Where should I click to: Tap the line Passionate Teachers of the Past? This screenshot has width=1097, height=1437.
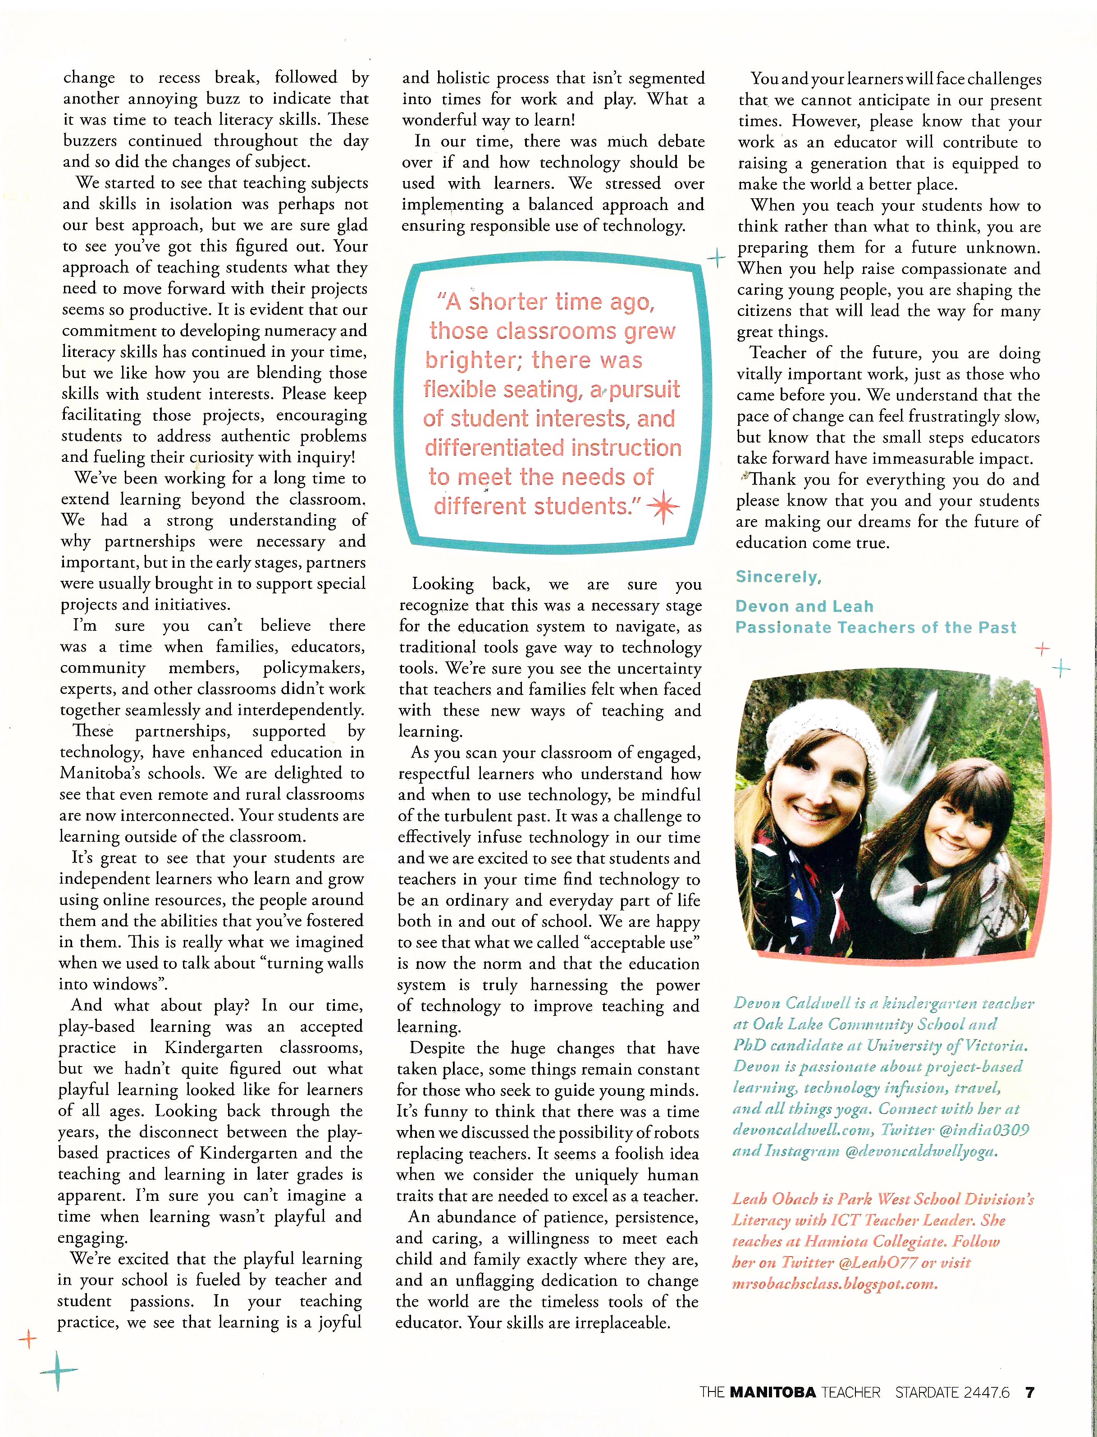(875, 627)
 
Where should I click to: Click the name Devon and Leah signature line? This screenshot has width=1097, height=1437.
(804, 606)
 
